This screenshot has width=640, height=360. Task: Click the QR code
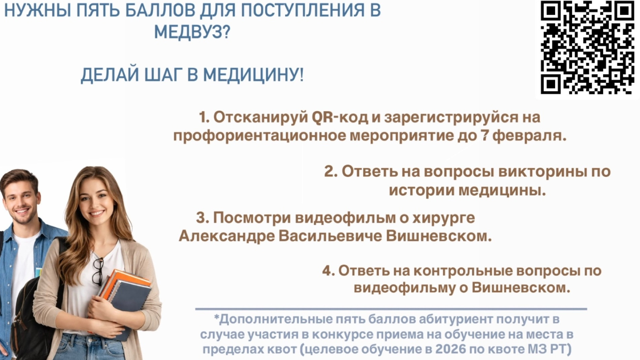pos(588,47)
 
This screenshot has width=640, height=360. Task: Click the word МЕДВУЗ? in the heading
pos(192,32)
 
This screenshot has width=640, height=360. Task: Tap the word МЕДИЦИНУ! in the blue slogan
pos(253,75)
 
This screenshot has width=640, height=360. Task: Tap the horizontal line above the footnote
pos(391,309)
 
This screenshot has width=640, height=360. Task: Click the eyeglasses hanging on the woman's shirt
pos(98,272)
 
